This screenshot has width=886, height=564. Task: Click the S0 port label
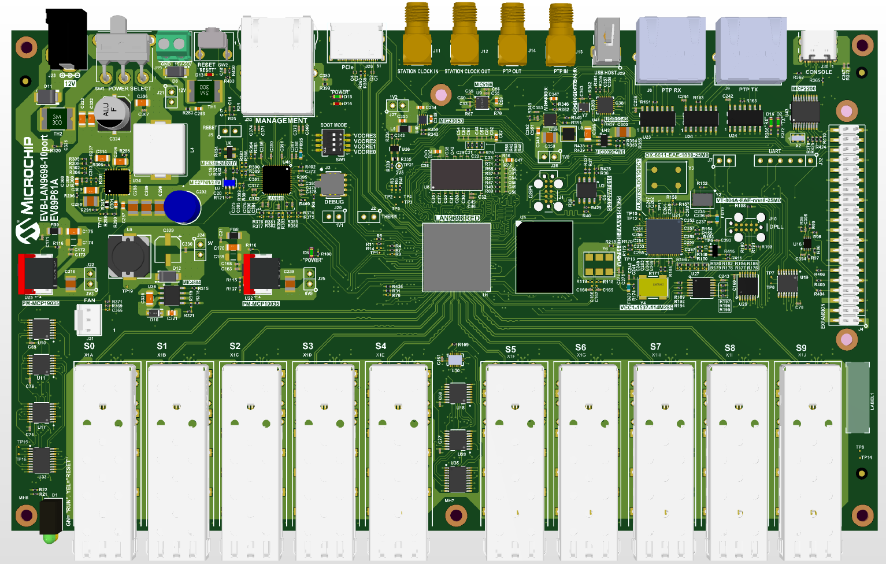89,346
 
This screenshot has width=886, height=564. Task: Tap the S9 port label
801,348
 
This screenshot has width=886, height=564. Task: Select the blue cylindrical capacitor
182,206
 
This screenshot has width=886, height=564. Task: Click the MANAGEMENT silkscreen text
281,121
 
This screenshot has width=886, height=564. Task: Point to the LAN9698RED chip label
457,218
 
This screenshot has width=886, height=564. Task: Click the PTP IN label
561,72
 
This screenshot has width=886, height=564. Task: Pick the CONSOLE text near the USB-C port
818,72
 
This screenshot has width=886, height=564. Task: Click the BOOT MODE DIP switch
334,142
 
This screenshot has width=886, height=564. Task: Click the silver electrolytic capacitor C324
114,114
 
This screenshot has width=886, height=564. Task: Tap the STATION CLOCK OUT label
467,72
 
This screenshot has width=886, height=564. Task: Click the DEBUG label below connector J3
333,202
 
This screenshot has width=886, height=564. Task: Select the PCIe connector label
347,68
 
